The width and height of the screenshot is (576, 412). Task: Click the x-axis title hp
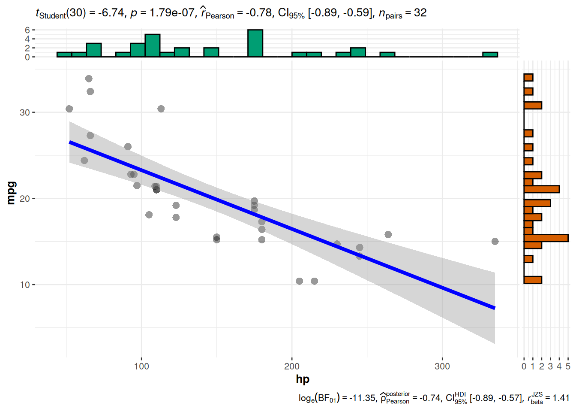point(303,379)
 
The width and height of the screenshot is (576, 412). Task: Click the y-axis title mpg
point(11,193)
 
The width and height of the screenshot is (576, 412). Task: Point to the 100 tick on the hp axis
point(141,366)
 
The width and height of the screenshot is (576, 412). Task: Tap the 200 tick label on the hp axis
point(292,366)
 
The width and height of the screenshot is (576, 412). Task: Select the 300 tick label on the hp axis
point(442,366)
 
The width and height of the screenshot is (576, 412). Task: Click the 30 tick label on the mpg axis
point(24,112)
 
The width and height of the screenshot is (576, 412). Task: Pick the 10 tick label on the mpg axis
point(24,285)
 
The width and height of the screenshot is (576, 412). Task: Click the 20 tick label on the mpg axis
point(24,199)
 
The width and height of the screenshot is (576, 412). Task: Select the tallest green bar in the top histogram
point(255,43)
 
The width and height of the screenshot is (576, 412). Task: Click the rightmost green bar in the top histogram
point(490,55)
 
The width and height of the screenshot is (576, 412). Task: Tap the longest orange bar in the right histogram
point(546,238)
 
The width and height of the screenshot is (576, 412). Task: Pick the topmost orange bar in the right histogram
point(528,78)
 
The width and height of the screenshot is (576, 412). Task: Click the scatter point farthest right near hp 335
point(495,242)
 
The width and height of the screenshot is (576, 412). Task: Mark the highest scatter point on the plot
point(89,79)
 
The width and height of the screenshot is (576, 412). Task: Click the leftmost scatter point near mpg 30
point(69,109)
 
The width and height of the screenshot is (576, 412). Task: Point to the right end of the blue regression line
point(494,308)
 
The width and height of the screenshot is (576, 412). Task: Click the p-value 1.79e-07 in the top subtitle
point(172,13)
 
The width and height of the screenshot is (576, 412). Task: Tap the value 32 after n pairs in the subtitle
point(420,13)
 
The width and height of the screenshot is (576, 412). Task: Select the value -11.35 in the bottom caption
point(363,398)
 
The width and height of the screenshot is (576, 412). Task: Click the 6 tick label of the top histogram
point(27,30)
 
